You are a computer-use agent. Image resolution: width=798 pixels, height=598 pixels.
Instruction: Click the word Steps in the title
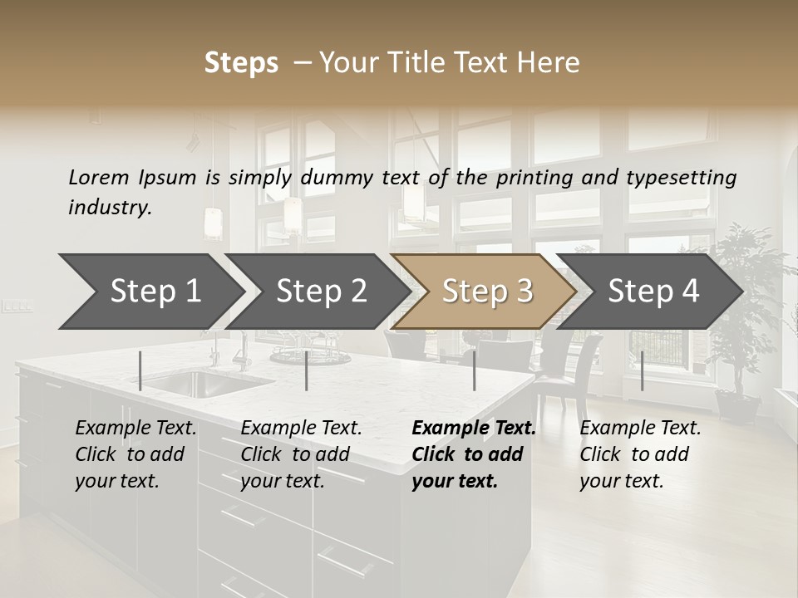pyautogui.click(x=241, y=63)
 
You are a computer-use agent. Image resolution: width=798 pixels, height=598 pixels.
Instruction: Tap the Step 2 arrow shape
pyautogui.click(x=321, y=292)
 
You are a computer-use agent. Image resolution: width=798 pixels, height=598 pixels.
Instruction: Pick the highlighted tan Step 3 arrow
pyautogui.click(x=486, y=292)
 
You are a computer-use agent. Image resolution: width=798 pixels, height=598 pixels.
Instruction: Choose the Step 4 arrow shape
pyautogui.click(x=653, y=292)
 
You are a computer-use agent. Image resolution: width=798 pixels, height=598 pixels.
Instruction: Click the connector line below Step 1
pyautogui.click(x=140, y=370)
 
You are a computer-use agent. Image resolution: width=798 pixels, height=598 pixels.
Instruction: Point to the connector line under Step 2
pyautogui.click(x=307, y=370)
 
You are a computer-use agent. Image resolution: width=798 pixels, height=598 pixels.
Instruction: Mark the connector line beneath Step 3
pyautogui.click(x=474, y=370)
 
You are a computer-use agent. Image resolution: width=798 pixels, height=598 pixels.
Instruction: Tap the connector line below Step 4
pyautogui.click(x=642, y=370)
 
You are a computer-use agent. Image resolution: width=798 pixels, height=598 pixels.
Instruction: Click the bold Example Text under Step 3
pyautogui.click(x=474, y=454)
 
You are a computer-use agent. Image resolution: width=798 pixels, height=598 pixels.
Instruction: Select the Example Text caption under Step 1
pyautogui.click(x=135, y=454)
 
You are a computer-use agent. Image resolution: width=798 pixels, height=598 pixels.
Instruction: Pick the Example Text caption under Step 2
pyautogui.click(x=301, y=454)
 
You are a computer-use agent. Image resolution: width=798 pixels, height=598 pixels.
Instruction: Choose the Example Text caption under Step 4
pyautogui.click(x=640, y=454)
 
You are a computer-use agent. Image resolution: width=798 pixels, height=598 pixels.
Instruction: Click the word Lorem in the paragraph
pyautogui.click(x=98, y=177)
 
